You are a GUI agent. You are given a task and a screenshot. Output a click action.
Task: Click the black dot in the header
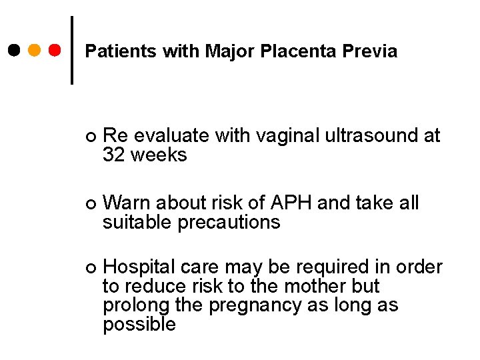coord(15,51)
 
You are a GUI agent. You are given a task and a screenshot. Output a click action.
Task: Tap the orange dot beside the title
coord(35,51)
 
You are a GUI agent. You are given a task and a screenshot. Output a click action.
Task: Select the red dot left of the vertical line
coord(55,51)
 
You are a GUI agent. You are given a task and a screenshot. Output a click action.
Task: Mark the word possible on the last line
coord(139,325)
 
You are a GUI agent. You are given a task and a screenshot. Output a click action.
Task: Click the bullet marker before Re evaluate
coord(91,137)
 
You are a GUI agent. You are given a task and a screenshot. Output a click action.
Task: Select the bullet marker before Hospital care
coord(91,268)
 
